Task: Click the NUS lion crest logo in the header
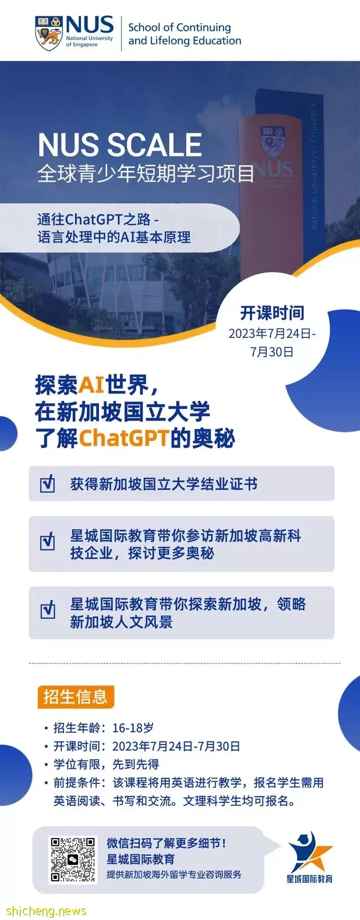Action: (49, 33)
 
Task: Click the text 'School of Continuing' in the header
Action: (179, 28)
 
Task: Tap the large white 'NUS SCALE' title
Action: (120, 145)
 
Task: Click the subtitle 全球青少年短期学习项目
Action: (146, 173)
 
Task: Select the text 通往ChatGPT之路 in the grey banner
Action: (94, 220)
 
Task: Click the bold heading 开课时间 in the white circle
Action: (272, 313)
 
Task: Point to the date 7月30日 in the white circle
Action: (272, 352)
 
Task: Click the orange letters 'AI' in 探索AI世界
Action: (91, 385)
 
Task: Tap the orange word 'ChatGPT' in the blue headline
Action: (124, 438)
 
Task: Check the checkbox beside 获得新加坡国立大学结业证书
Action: (48, 484)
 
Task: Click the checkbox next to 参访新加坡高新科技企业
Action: (48, 542)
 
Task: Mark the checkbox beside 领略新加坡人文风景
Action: (48, 610)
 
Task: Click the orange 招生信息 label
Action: (75, 697)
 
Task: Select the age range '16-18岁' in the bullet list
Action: (133, 728)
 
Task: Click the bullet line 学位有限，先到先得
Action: (106, 764)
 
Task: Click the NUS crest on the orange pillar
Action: (272, 141)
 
